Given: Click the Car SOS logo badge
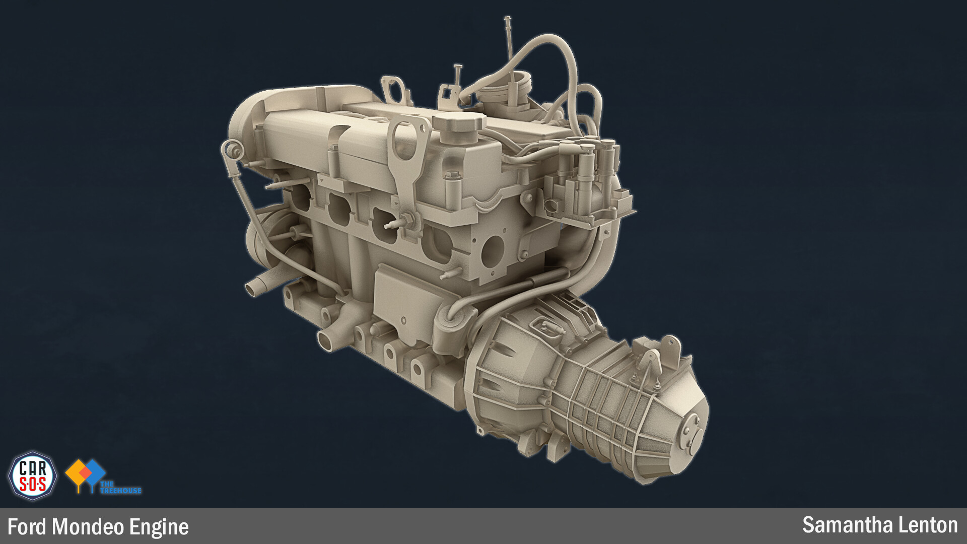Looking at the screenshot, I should pos(33,476).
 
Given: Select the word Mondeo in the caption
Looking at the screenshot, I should pos(88,527).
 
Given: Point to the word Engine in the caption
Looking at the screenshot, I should pos(159,527).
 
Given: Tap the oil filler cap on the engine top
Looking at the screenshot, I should pos(458,123).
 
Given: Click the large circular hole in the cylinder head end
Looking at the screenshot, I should pos(492,251).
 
